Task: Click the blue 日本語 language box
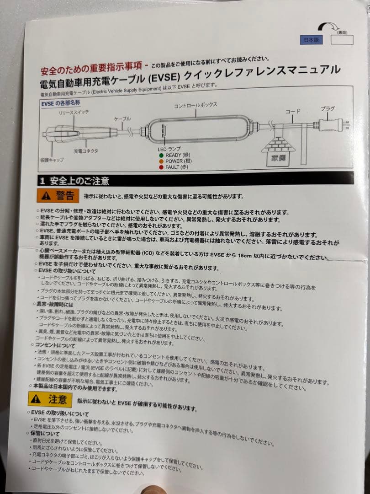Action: tap(311, 40)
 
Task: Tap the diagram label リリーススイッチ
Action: tap(74, 112)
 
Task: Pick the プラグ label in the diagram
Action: tap(327, 108)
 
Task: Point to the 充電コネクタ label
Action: tap(86, 150)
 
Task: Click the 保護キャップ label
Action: tap(52, 160)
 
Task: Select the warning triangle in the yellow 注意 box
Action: tap(36, 399)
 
